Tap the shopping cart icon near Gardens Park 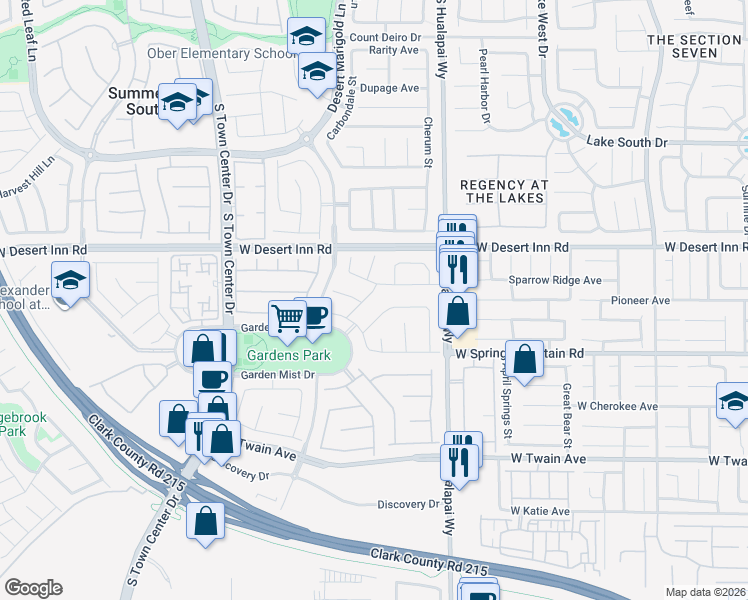point(288,318)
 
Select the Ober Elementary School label point(215,53)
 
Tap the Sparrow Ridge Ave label point(555,281)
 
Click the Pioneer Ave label point(640,300)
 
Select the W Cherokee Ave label point(617,407)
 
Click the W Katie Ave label point(540,511)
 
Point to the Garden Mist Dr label point(277,375)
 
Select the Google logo point(32,589)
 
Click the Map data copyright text point(705,592)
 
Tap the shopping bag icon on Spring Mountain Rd point(524,358)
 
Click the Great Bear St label point(566,409)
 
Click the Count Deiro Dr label point(383,38)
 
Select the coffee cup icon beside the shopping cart point(315,315)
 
